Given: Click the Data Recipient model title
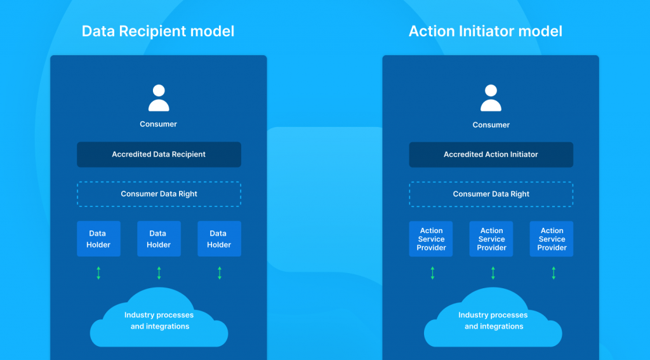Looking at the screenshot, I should pos(158,31).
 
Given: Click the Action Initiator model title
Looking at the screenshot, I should pos(485,31).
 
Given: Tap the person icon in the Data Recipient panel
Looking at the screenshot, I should pos(159,98).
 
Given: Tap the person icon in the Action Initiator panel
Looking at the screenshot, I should pos(491,98).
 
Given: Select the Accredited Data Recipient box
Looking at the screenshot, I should pos(159,154).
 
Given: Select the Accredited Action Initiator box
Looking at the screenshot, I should pos(491,154).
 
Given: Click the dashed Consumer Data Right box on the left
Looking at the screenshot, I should pos(159,194).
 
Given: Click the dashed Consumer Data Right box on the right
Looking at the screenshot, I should pos(491,194).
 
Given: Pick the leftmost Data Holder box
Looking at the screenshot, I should pos(98,239).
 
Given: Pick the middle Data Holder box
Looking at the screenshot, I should pos(159,239).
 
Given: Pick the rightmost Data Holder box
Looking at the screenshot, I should pos(219,239).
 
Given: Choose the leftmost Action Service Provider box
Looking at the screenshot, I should pos(431,239).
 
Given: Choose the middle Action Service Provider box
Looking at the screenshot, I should pos(491,239).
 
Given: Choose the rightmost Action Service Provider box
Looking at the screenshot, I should pos(552,239).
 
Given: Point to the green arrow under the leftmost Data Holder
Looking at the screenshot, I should pos(98,273).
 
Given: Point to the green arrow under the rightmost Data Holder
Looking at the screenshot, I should pos(220,273).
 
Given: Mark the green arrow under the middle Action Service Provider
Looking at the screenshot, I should pos(493,273).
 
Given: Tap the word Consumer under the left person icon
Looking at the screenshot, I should pos(159,124).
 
